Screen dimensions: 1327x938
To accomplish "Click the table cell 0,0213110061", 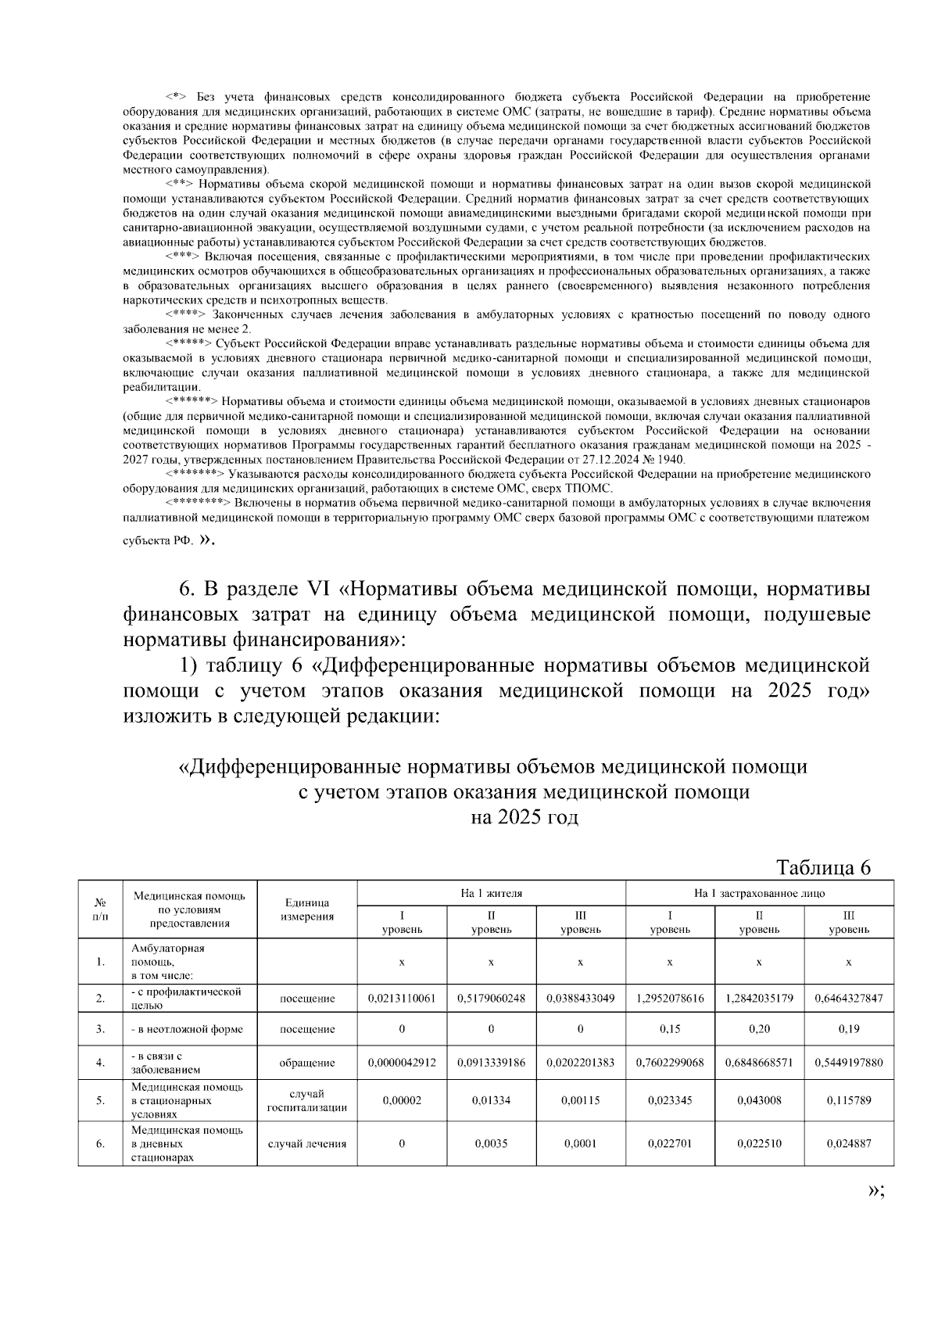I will click(x=402, y=999).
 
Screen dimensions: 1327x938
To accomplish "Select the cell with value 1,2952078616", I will click(x=670, y=999).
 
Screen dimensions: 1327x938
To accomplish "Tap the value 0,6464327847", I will click(x=848, y=999).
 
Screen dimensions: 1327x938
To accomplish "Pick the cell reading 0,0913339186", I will click(x=491, y=1063).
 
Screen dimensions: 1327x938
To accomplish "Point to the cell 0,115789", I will click(x=848, y=1100).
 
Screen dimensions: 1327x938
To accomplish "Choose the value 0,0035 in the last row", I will click(x=491, y=1143).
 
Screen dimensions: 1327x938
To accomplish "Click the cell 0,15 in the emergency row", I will click(x=670, y=1029).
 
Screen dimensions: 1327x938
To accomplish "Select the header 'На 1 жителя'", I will click(x=491, y=892).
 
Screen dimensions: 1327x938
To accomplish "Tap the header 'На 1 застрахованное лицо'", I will click(x=759, y=892).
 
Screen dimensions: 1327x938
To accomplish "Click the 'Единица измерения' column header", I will click(x=307, y=909).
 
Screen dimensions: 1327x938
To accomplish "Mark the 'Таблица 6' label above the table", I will click(x=823, y=867).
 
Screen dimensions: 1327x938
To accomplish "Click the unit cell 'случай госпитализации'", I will click(x=307, y=1100).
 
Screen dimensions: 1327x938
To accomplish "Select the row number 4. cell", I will click(x=100, y=1063).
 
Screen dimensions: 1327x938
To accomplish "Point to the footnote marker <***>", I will click(x=182, y=256).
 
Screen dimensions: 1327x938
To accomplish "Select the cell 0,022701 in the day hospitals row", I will click(x=670, y=1143).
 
